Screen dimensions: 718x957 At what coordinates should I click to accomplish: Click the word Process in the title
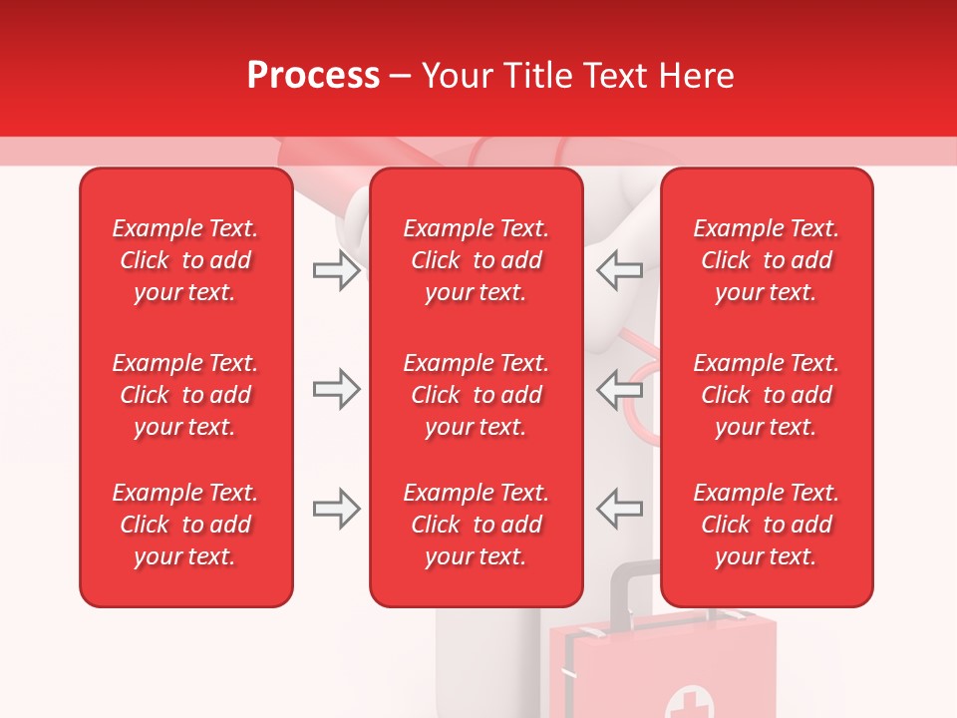pos(313,76)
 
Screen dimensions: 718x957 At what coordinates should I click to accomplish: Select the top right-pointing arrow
pos(336,270)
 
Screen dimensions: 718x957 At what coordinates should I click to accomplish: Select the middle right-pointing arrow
pos(336,389)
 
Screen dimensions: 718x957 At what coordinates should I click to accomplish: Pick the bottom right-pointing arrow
pos(336,509)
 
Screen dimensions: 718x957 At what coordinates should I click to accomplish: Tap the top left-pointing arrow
pos(619,270)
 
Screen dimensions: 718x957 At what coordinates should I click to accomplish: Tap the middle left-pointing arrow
pos(619,389)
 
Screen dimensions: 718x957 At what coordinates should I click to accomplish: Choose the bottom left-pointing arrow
pos(619,509)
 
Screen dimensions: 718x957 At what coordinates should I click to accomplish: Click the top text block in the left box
pos(185,260)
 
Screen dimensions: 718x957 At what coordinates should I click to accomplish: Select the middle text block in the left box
pos(185,395)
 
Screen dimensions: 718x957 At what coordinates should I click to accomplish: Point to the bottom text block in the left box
pos(185,525)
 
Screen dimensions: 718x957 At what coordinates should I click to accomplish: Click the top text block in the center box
pos(477,260)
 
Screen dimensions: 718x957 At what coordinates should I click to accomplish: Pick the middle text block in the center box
pos(477,395)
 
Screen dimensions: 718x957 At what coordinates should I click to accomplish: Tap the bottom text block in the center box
pos(477,525)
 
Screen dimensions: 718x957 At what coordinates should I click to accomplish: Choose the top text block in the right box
pos(767,260)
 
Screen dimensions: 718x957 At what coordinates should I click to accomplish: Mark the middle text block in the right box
pos(767,395)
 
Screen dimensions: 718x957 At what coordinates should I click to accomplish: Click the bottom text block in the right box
pos(767,525)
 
